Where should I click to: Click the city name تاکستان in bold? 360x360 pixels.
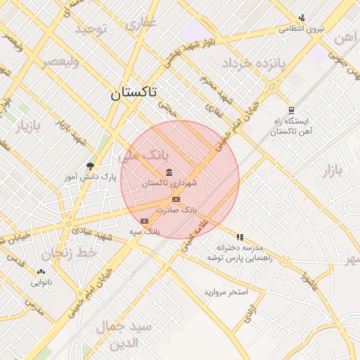(134, 91)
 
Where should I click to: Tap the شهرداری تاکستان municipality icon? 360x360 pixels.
(169, 172)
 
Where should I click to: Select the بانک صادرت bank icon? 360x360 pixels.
(175, 200)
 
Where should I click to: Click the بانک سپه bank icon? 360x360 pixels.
(144, 221)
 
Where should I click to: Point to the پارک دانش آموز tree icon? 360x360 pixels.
(89, 166)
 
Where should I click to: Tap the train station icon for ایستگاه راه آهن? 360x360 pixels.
(290, 110)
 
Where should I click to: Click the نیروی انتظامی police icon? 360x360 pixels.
(302, 18)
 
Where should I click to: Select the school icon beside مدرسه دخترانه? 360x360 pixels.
(240, 237)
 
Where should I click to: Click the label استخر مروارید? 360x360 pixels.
(226, 291)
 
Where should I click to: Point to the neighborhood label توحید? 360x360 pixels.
(91, 30)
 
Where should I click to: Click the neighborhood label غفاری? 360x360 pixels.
(141, 23)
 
